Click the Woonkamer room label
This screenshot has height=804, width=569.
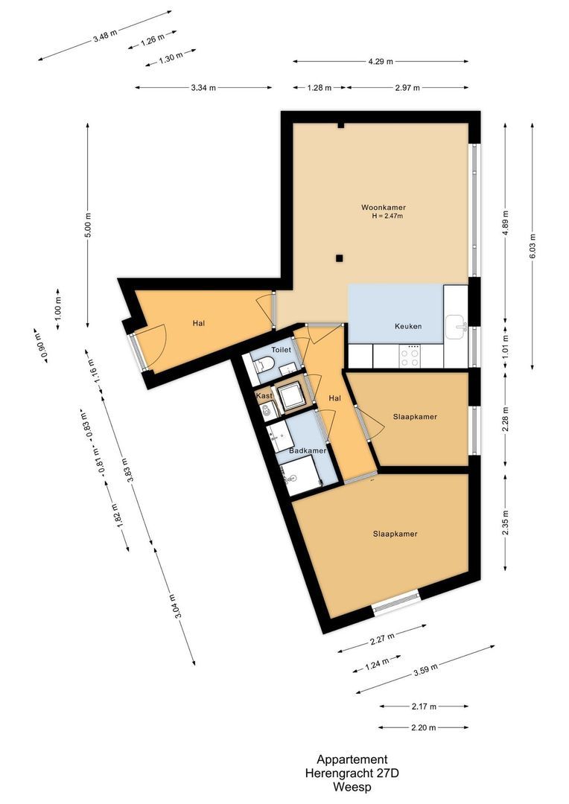point(383,207)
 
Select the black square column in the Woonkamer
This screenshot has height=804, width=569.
point(339,258)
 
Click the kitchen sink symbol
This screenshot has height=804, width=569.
point(456,324)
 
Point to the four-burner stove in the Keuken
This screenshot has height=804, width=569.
point(410,356)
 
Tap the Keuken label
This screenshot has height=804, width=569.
point(408,327)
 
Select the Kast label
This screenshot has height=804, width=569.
point(264,396)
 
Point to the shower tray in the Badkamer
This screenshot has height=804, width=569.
point(302,475)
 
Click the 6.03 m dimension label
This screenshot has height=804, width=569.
point(533,246)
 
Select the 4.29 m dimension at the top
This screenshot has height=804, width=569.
point(381,61)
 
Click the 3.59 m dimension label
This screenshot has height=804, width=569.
point(425,670)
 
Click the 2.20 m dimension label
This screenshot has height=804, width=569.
point(423,727)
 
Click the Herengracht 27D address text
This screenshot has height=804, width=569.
point(352,773)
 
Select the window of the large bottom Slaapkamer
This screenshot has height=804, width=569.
point(395,601)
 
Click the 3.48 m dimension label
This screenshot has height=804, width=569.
point(105,36)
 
